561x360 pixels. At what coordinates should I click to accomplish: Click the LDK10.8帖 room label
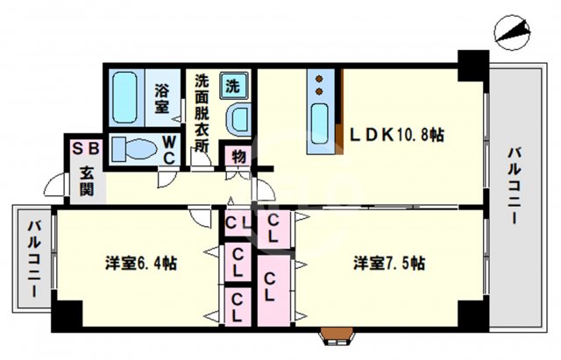pyautogui.click(x=397, y=135)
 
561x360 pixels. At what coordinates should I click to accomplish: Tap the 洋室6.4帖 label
pyautogui.click(x=141, y=262)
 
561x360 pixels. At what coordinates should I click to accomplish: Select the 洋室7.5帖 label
pyautogui.click(x=390, y=262)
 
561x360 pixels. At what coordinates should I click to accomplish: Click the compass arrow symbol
pyautogui.click(x=512, y=32)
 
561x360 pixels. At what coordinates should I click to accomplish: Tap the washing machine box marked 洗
pyautogui.click(x=233, y=86)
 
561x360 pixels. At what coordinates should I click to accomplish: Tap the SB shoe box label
pyautogui.click(x=86, y=149)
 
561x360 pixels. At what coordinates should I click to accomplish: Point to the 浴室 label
pyautogui.click(x=163, y=97)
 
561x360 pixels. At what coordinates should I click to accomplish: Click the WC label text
pyautogui.click(x=170, y=148)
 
